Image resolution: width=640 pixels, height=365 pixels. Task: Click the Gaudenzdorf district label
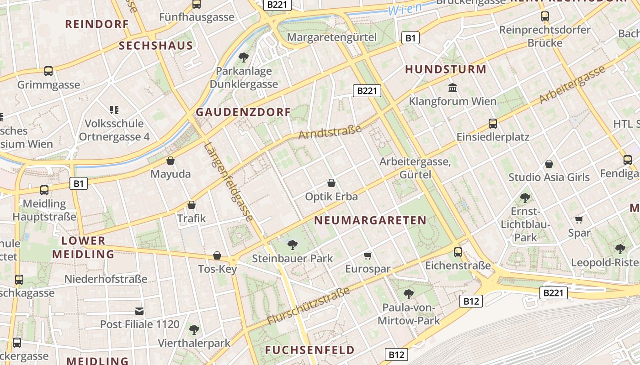[x=243, y=112]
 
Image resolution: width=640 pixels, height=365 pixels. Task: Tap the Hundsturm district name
[x=446, y=69]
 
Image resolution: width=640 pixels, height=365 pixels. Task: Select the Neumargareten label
[x=370, y=220]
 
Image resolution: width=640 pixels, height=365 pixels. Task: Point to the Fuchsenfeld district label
[x=310, y=350]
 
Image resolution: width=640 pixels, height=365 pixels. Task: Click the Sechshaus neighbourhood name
[x=156, y=46]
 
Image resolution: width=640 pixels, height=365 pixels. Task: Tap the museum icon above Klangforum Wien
[x=453, y=88]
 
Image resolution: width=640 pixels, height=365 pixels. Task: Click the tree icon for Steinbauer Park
[x=293, y=245]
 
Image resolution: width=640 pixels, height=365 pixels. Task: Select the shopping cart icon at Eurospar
[x=368, y=255]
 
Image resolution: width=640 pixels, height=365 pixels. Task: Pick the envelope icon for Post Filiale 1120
[x=139, y=311]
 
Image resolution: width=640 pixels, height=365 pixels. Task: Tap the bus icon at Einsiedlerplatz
[x=492, y=123]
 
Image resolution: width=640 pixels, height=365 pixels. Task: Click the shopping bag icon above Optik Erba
[x=331, y=183]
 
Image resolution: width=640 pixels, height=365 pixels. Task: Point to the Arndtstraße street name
[x=330, y=132]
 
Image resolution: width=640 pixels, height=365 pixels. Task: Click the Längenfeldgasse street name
[x=228, y=182]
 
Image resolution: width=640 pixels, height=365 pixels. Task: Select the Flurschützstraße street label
[x=309, y=306]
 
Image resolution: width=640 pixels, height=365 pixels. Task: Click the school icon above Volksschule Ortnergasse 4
[x=114, y=109]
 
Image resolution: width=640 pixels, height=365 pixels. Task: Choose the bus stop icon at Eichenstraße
[x=458, y=252]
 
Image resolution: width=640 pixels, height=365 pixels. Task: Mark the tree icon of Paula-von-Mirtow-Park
[x=409, y=294]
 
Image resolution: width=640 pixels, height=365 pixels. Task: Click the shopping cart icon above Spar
[x=579, y=219]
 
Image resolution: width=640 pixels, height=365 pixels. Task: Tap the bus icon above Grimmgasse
[x=48, y=71]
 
